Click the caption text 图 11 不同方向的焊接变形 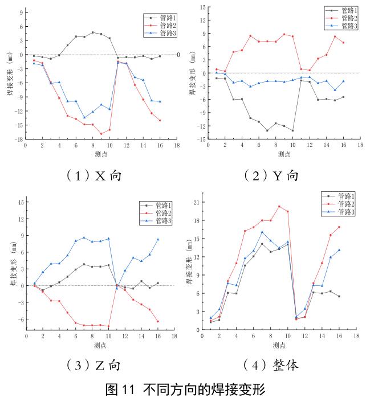(182, 389)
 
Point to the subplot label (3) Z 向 (95, 364)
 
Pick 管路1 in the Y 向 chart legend (347, 10)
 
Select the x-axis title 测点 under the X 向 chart (101, 154)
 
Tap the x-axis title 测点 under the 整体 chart (279, 345)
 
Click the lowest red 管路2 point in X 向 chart (101, 134)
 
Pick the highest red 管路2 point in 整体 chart (279, 206)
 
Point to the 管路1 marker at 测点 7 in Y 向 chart (267, 130)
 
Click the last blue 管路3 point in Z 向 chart (158, 239)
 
